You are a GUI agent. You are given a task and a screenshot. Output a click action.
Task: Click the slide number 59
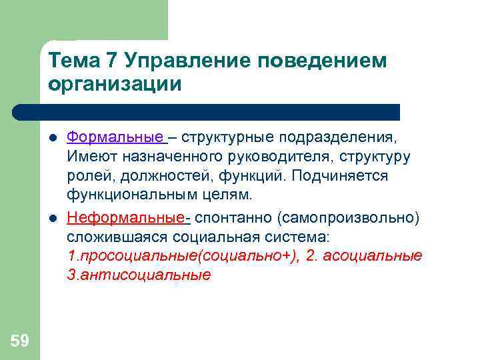coord(20,341)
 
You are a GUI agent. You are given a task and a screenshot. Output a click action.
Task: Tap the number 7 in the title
coord(112,61)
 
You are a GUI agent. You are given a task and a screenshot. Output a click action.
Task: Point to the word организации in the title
coord(115,85)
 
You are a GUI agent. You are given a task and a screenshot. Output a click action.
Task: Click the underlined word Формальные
coord(115,137)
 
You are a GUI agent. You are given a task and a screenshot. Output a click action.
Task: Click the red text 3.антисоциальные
coord(139,275)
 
